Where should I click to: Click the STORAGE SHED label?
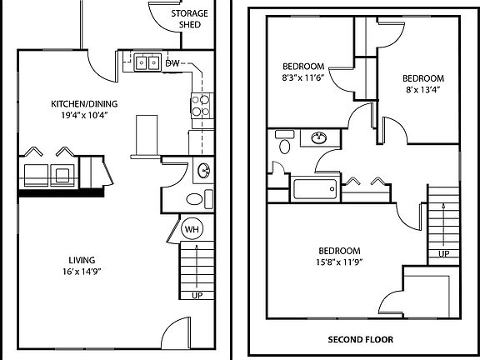pyautogui.click(x=189, y=19)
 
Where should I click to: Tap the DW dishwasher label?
pyautogui.click(x=172, y=63)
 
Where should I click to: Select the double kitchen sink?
pyautogui.click(x=147, y=62)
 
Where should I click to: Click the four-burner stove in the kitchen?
pyautogui.click(x=202, y=106)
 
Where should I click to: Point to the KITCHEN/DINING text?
pyautogui.click(x=84, y=104)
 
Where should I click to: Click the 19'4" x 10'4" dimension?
pyautogui.click(x=84, y=115)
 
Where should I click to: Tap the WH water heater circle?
pyautogui.click(x=192, y=229)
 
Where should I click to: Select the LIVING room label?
pyautogui.click(x=82, y=260)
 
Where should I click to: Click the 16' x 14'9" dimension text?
pyautogui.click(x=82, y=272)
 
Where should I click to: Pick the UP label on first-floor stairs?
pyautogui.click(x=197, y=296)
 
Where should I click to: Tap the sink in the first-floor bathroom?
pyautogui.click(x=204, y=171)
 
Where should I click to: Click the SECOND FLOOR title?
pyautogui.click(x=361, y=339)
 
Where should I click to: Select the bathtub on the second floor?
pyautogui.click(x=315, y=189)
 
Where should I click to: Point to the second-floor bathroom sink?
pyautogui.click(x=319, y=137)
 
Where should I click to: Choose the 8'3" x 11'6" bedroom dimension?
pyautogui.click(x=303, y=77)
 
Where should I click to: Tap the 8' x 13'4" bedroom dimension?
pyautogui.click(x=423, y=90)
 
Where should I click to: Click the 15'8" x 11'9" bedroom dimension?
pyautogui.click(x=339, y=262)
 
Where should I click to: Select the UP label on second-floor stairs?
pyautogui.click(x=444, y=254)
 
